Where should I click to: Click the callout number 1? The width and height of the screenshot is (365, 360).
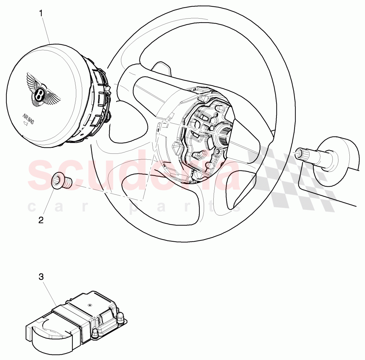coord(41,13)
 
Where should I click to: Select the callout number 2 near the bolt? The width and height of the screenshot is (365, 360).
coord(41,220)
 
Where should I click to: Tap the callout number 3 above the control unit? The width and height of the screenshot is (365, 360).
coord(41,277)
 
